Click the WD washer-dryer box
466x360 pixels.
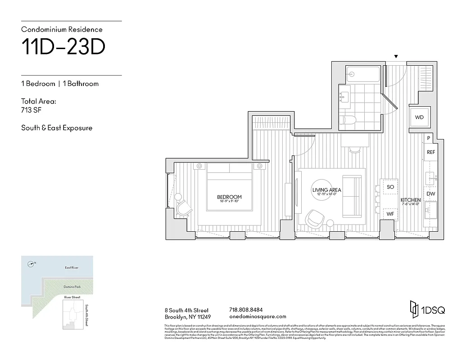419,117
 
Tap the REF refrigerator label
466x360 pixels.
431,153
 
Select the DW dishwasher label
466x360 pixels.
431,194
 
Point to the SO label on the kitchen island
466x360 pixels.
390,187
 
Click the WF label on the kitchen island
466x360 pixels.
390,215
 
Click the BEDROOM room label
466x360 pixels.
229,197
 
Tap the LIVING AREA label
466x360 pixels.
326,190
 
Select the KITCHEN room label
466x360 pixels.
411,200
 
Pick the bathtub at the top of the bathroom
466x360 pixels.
363,74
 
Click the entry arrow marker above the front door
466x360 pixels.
396,57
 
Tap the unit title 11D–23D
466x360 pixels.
63,48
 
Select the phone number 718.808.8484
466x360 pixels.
246,310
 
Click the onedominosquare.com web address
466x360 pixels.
258,317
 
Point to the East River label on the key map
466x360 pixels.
71,268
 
